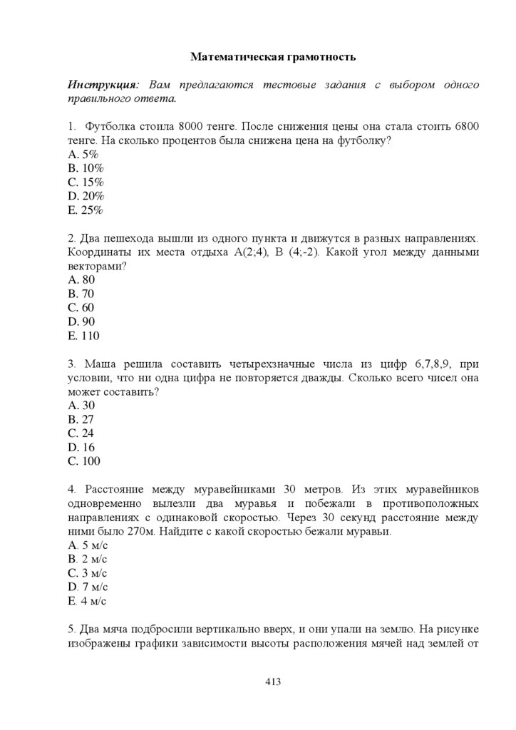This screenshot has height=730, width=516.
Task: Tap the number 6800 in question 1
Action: (x=465, y=126)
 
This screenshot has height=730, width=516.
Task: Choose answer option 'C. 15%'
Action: (x=86, y=182)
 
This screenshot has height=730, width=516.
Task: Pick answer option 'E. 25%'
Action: (x=86, y=210)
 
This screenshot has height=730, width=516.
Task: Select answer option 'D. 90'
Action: (x=81, y=322)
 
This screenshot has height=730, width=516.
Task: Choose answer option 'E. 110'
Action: (x=83, y=336)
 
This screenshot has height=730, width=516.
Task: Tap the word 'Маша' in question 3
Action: (x=100, y=364)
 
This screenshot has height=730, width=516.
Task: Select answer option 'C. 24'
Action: (x=81, y=433)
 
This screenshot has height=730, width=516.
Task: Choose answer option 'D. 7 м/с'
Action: (x=88, y=587)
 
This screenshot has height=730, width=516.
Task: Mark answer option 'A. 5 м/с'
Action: (x=88, y=545)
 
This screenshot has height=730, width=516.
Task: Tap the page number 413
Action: (x=273, y=682)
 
